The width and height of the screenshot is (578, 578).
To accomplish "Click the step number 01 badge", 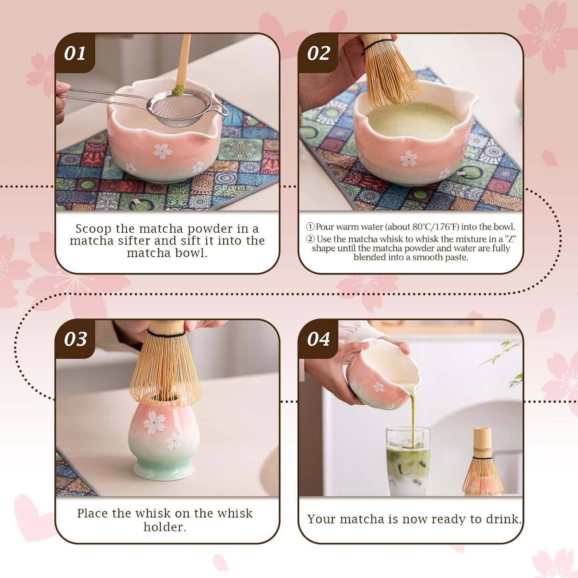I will point(75,53).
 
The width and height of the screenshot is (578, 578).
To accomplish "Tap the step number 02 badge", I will point(318,53).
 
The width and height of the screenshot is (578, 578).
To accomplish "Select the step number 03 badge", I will point(75,339).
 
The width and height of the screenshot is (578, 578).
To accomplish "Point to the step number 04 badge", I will point(318,339).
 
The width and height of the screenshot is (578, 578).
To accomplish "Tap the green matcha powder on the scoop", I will point(178,90).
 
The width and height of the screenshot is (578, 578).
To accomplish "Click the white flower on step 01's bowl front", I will point(162,151).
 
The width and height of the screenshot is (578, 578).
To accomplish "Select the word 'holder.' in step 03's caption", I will point(165,527).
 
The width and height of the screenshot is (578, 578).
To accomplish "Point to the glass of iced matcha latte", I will point(408,464).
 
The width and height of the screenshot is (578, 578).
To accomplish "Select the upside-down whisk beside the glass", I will point(482,464).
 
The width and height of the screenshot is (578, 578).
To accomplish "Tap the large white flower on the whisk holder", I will point(154,422).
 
